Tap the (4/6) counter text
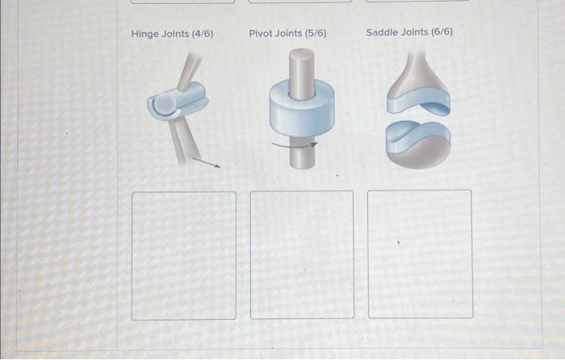click(x=202, y=34)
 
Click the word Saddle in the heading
click(x=382, y=33)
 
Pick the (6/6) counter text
click(x=441, y=33)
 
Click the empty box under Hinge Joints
click(x=184, y=255)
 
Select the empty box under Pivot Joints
click(x=302, y=254)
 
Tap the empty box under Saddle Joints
click(x=420, y=253)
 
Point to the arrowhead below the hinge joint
click(x=217, y=165)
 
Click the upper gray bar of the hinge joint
click(x=191, y=70)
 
